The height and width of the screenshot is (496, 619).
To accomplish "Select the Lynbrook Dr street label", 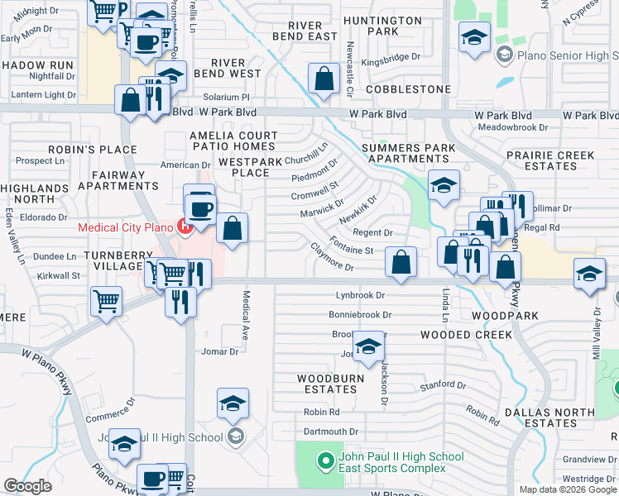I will click(360, 295).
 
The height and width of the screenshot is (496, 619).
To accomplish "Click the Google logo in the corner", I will click(27, 486).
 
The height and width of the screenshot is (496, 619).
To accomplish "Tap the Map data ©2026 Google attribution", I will click(568, 489).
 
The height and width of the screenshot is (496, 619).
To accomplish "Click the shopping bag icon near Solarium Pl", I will click(324, 79).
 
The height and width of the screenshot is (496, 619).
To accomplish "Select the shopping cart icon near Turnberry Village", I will click(107, 302).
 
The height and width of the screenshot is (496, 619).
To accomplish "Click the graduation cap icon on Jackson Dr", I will click(367, 347).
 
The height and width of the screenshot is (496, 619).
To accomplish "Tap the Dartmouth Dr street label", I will click(331, 432).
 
